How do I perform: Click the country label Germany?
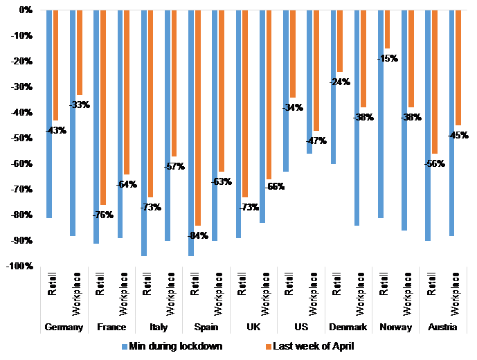point(64,327)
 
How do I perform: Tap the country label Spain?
point(205,327)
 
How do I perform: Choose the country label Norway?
point(395,327)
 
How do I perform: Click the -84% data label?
point(198,236)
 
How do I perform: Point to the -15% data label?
point(388,59)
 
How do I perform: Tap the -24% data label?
point(340,82)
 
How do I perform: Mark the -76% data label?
point(103,215)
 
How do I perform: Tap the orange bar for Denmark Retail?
point(340,41)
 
